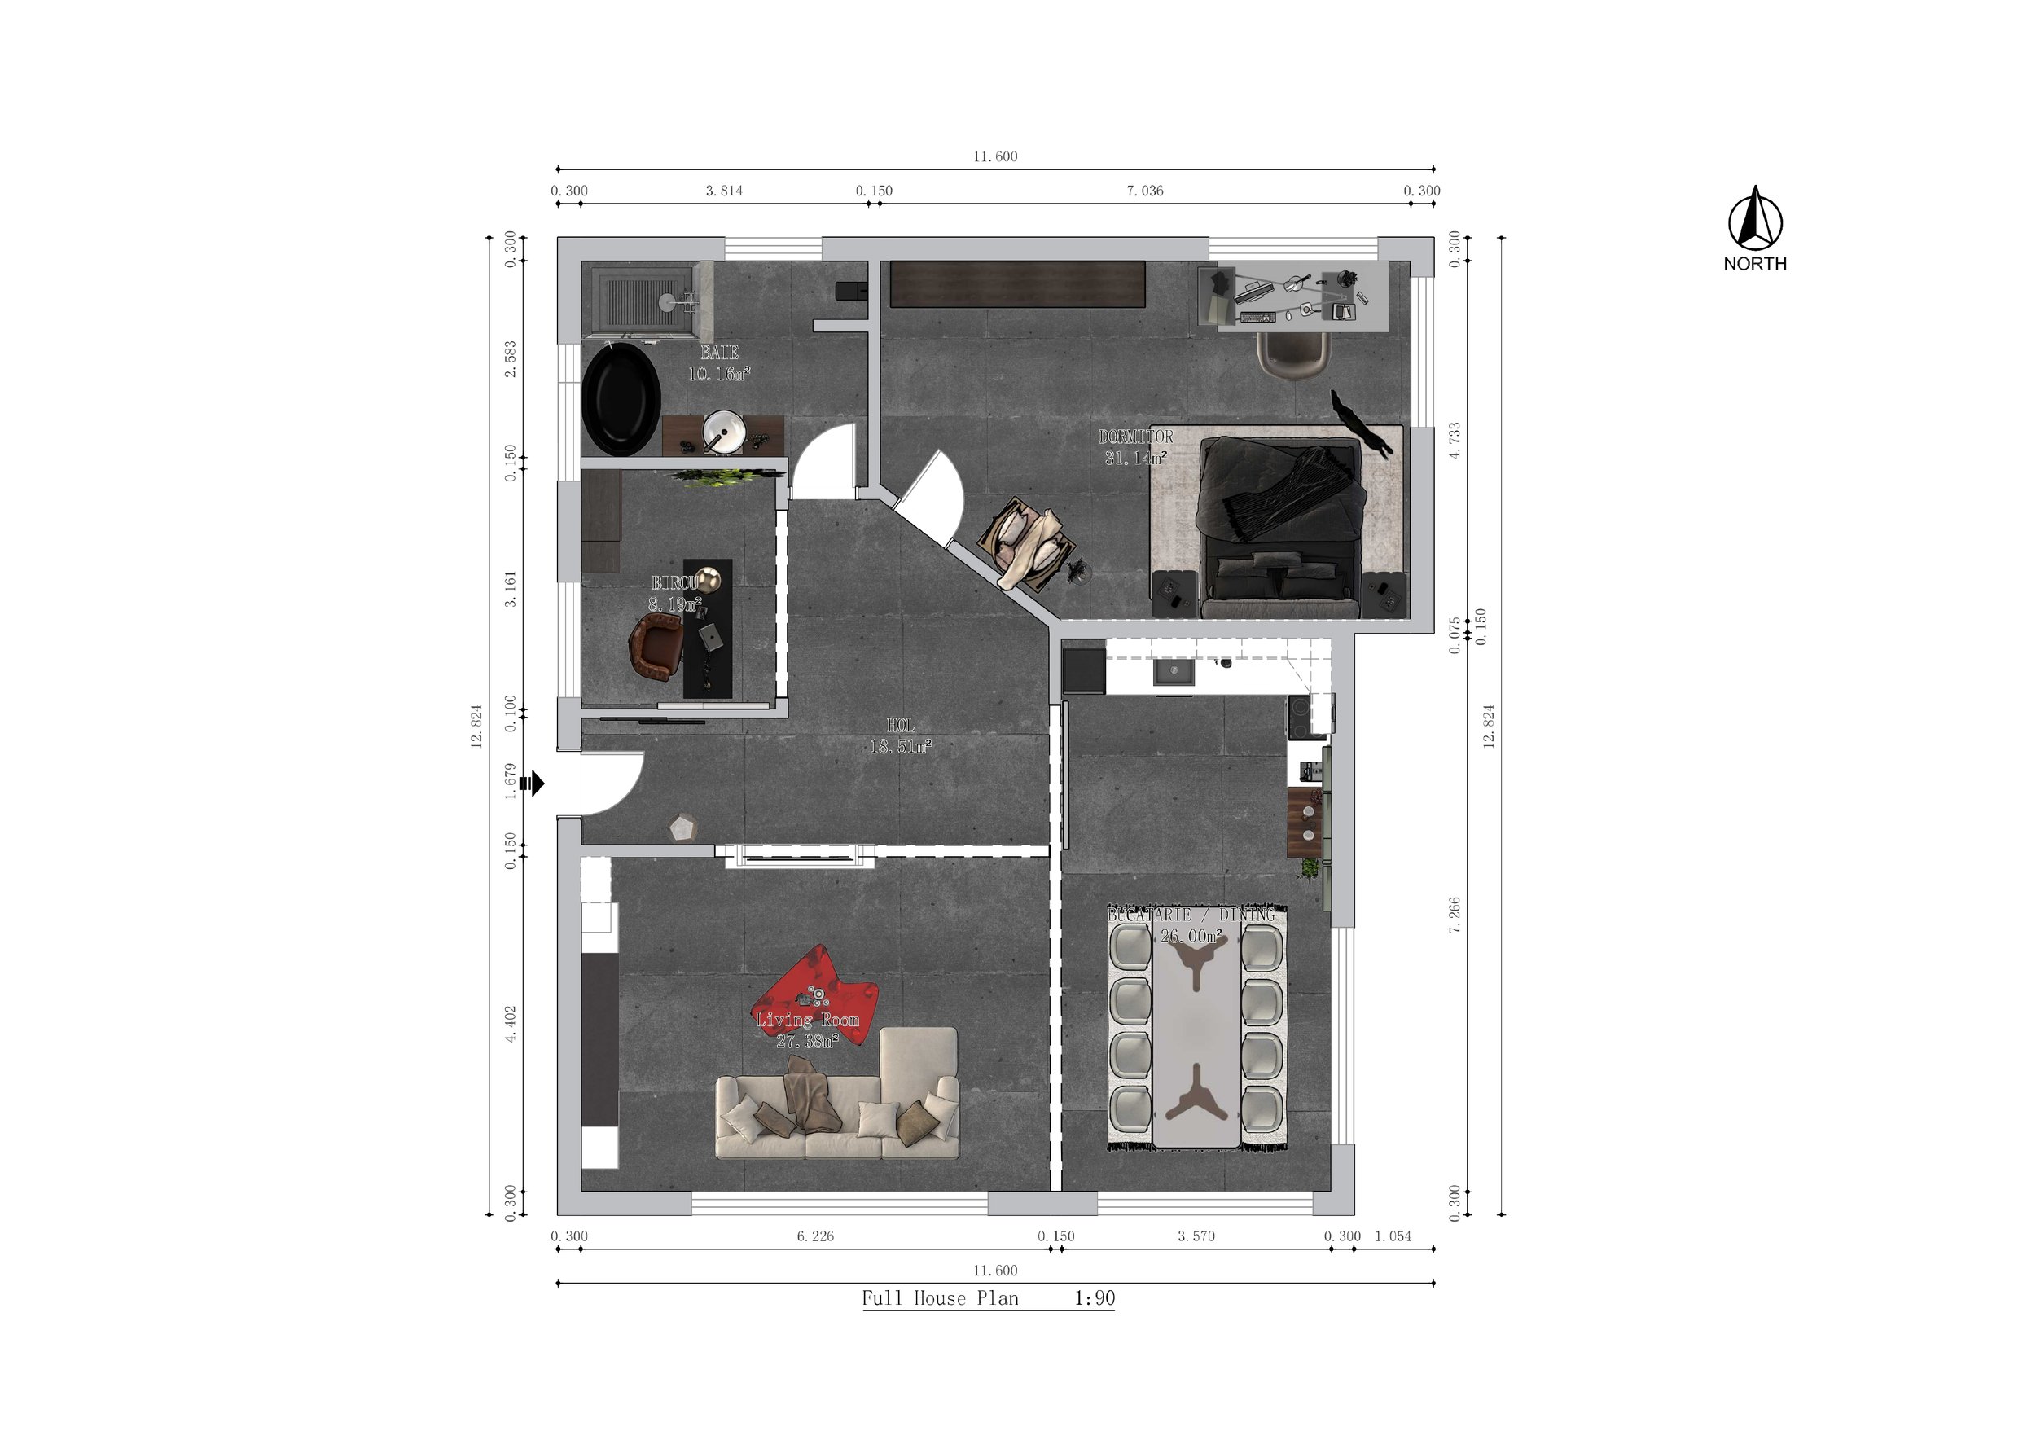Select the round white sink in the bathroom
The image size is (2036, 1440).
(x=724, y=432)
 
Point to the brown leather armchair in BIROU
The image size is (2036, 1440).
(x=655, y=648)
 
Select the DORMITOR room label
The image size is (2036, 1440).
(x=1135, y=437)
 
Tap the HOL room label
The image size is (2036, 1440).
(x=900, y=727)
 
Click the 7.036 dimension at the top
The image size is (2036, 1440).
(x=1145, y=191)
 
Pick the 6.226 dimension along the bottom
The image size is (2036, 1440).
(x=815, y=1236)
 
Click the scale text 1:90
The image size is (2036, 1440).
(x=1095, y=1299)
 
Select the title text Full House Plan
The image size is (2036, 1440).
(x=940, y=1299)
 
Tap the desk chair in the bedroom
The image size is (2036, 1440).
(x=1295, y=354)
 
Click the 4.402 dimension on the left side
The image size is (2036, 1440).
(x=511, y=1023)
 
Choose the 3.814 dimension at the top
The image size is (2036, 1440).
(x=724, y=191)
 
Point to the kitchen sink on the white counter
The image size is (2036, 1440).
(x=1174, y=672)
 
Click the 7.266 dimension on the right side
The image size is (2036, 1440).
(x=1455, y=915)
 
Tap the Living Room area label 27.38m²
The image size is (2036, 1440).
(x=807, y=1041)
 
